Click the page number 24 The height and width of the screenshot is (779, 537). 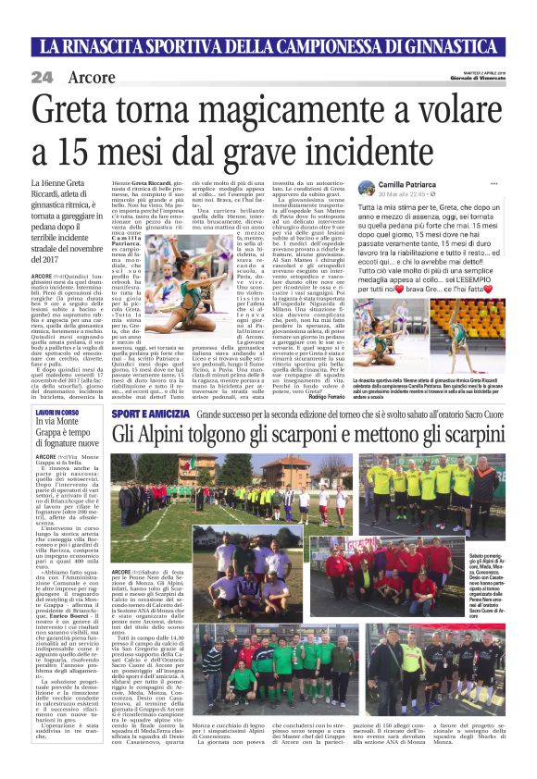(x=42, y=79)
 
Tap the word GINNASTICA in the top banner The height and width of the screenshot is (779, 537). (x=455, y=43)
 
